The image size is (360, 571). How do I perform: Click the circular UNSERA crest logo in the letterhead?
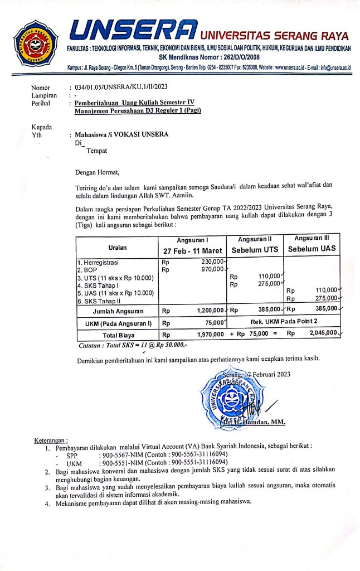36,42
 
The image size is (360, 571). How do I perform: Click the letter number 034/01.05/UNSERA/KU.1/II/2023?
119,88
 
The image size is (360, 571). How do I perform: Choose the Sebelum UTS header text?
254,249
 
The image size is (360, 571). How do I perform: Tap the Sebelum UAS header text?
312,249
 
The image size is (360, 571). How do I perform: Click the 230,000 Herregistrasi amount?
212,262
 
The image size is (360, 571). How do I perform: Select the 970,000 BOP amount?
212,269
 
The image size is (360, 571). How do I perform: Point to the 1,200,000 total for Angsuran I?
210,310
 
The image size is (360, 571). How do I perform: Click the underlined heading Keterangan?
51,441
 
